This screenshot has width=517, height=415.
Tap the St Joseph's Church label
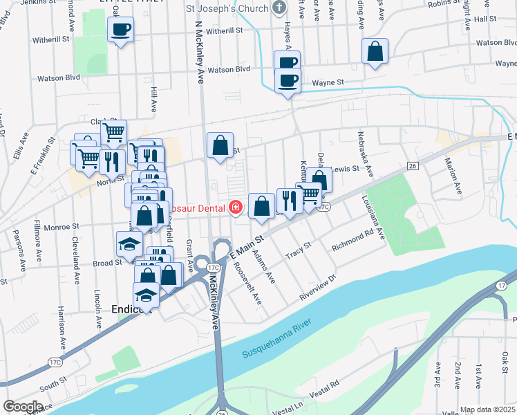coord(226,9)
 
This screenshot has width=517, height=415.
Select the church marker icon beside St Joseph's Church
coord(279,9)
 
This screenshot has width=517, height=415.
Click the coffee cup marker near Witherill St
coord(121,30)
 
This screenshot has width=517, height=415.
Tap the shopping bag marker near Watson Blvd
coord(374,50)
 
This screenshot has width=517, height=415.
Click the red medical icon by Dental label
coord(236,207)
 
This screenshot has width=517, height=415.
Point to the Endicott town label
coord(131,310)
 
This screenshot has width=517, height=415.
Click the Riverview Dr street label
coord(317,289)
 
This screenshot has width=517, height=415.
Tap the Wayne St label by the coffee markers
coord(328,83)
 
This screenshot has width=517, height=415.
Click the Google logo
coord(23,407)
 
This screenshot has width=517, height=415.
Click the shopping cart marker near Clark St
coord(113,131)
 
